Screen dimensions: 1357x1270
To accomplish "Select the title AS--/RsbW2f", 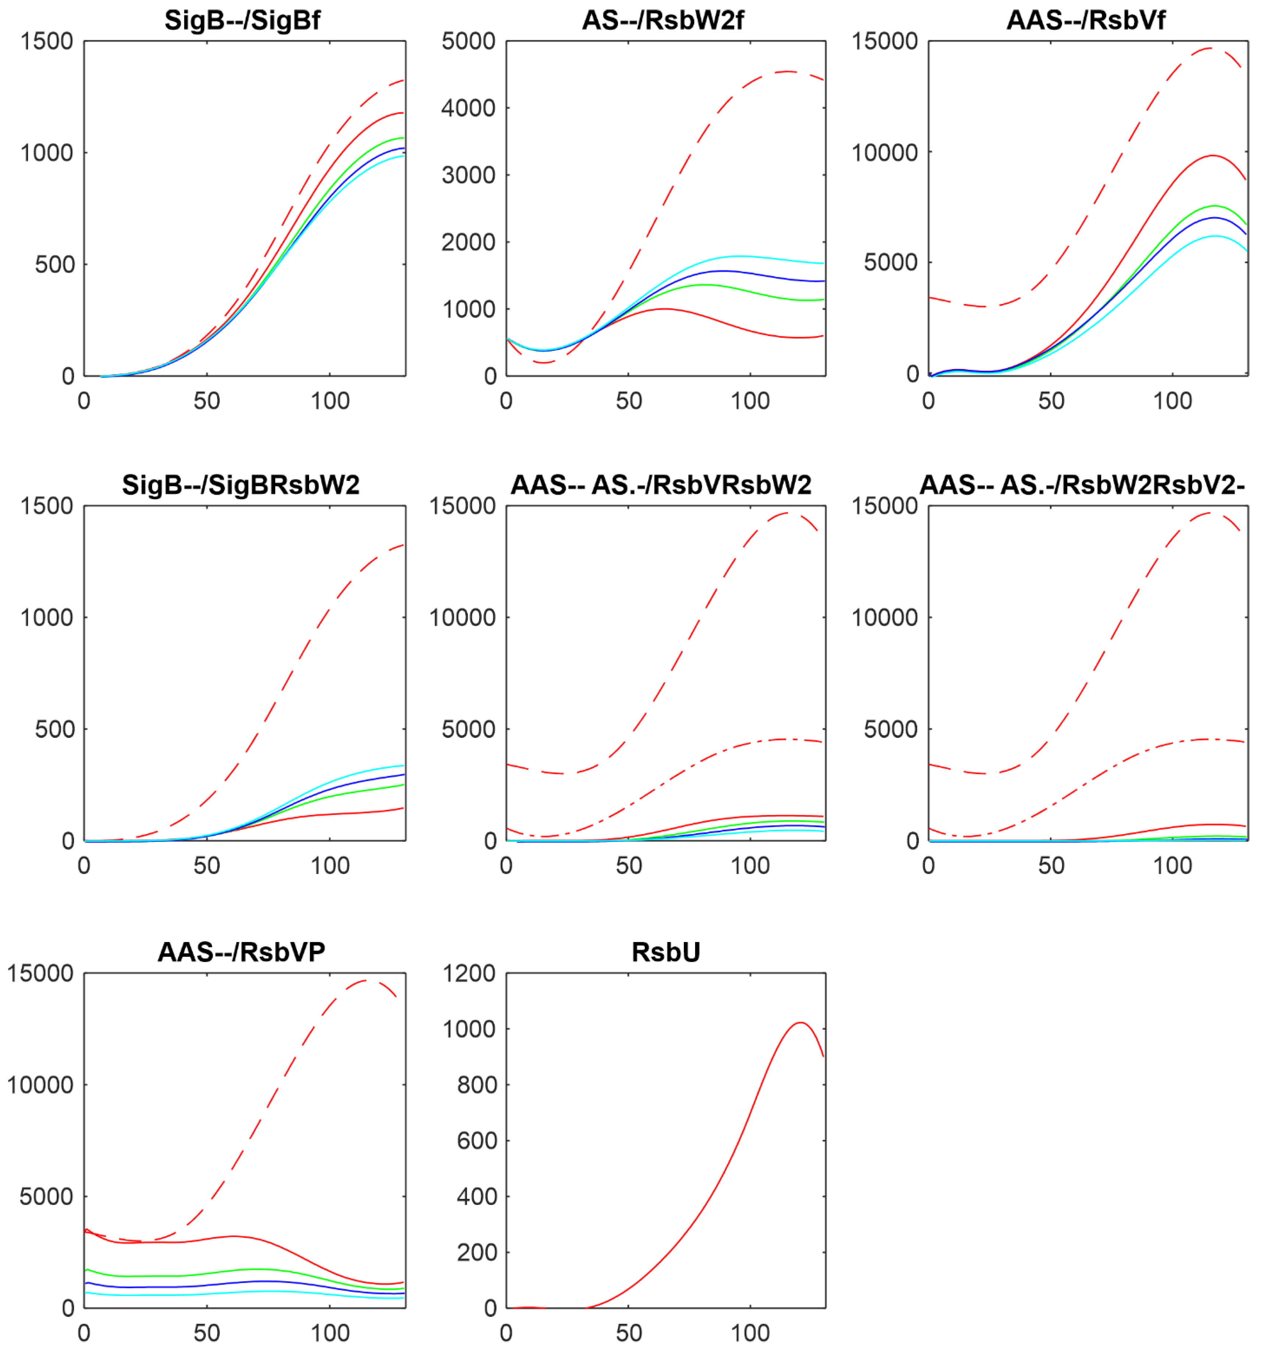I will click(662, 21).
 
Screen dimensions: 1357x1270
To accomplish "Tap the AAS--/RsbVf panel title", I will click(1086, 21).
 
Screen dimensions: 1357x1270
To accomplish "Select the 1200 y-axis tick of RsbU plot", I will click(470, 973).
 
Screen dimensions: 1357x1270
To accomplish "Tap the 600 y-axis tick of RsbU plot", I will click(476, 1141).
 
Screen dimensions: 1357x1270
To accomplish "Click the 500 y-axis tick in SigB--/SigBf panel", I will click(54, 264).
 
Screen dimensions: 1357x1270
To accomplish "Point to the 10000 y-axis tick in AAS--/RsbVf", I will click(884, 153).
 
